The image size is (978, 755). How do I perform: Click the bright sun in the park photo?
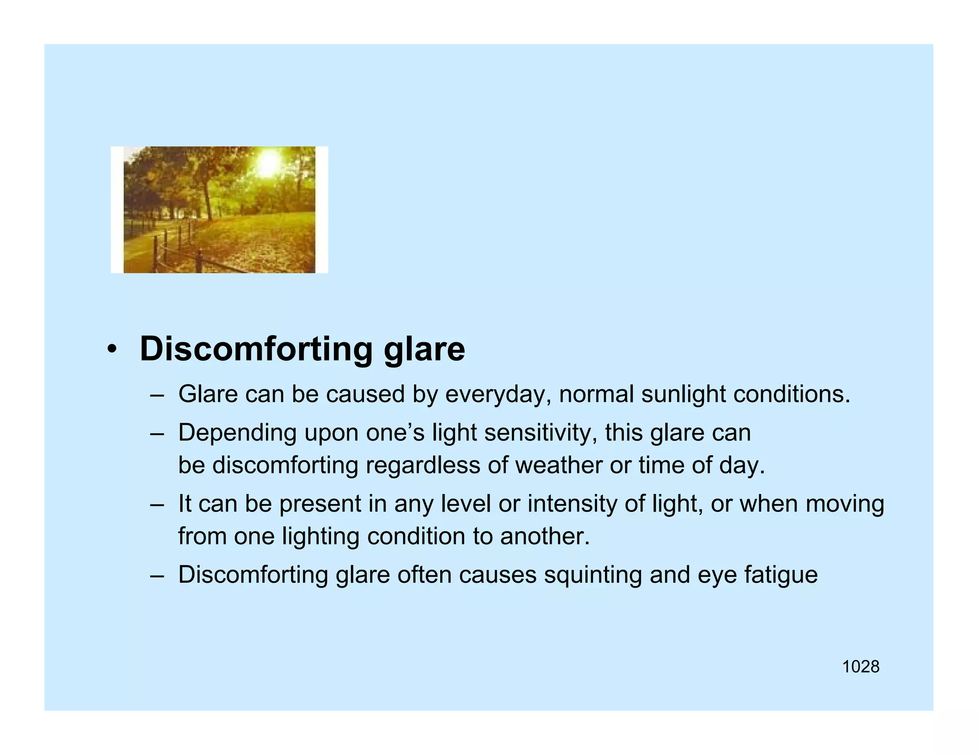coord(268,162)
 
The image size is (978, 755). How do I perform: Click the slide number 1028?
coord(860,667)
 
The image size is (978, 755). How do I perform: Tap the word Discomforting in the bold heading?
coord(255,349)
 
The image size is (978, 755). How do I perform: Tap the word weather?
coord(559,465)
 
